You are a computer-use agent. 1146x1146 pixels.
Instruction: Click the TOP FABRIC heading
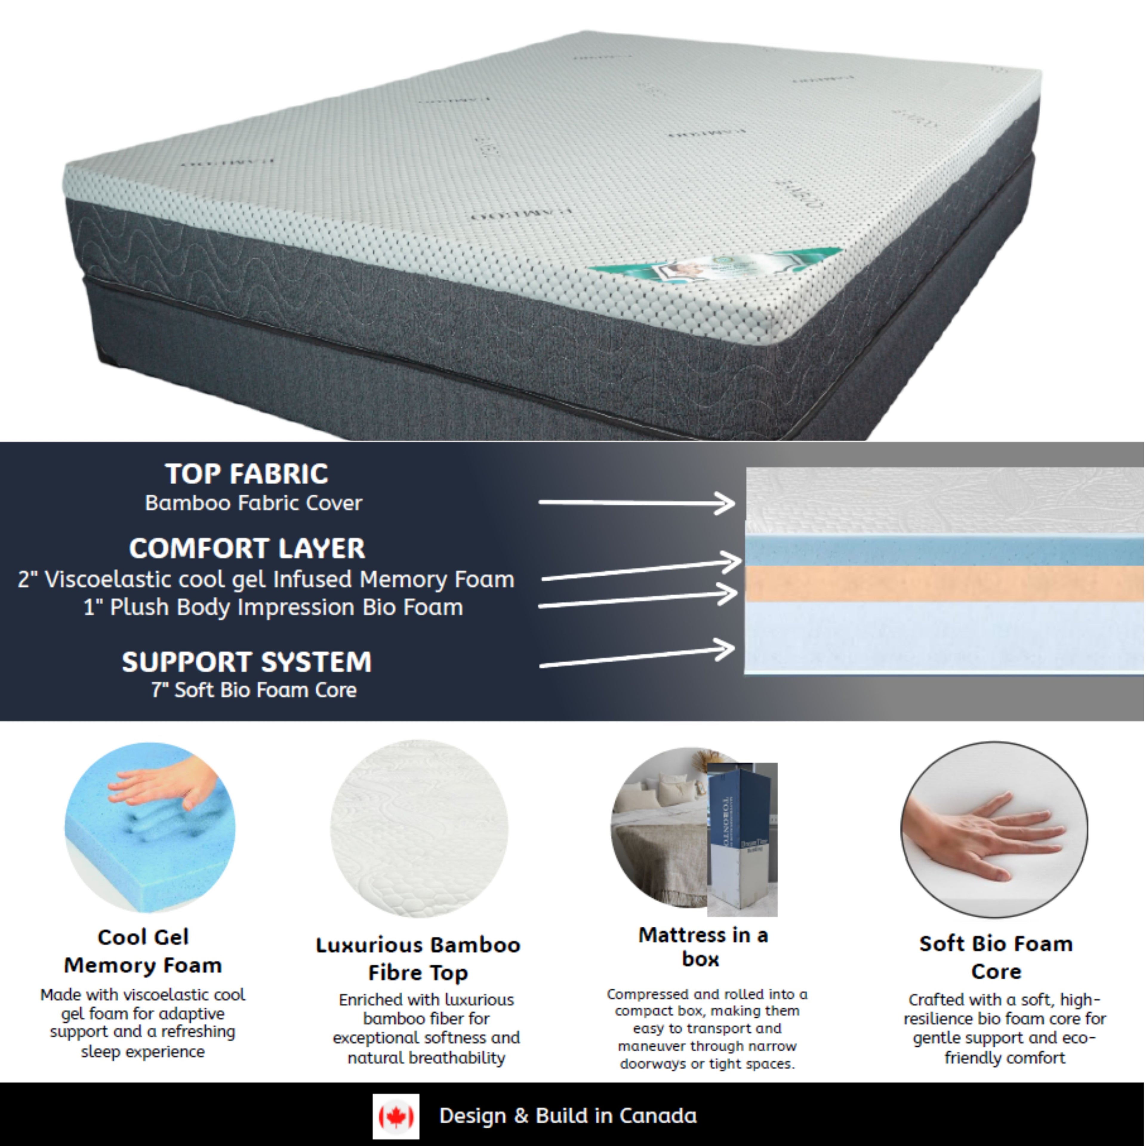pos(246,473)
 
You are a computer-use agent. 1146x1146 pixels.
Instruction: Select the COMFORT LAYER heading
pos(247,548)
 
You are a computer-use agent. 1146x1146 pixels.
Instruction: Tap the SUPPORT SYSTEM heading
pos(247,661)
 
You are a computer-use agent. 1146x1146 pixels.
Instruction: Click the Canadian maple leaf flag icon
pos(396,1116)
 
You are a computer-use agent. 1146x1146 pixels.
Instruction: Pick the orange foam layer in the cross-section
pos(943,584)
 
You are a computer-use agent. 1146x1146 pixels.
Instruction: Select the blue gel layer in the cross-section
pos(943,550)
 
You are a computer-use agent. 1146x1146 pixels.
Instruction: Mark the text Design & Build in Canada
pos(568,1116)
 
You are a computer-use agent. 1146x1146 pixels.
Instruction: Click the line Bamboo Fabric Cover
pos(253,503)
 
